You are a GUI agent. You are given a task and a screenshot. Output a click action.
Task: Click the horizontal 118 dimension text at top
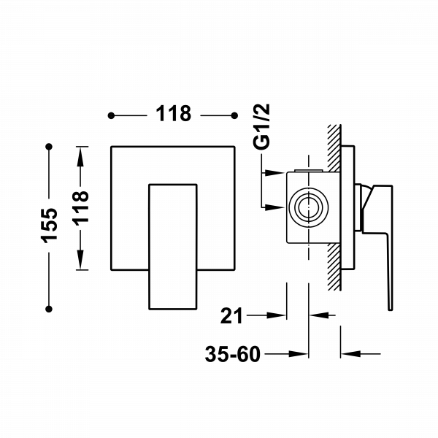(172, 115)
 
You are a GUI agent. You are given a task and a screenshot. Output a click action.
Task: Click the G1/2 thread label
(264, 128)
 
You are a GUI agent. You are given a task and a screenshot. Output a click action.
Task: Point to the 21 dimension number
(231, 316)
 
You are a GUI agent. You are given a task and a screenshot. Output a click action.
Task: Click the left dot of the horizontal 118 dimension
(110, 115)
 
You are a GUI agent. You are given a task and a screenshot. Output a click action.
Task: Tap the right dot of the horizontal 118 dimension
(234, 115)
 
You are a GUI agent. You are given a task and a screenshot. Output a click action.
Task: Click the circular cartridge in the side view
(307, 207)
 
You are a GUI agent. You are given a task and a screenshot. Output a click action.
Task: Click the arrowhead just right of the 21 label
(277, 316)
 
